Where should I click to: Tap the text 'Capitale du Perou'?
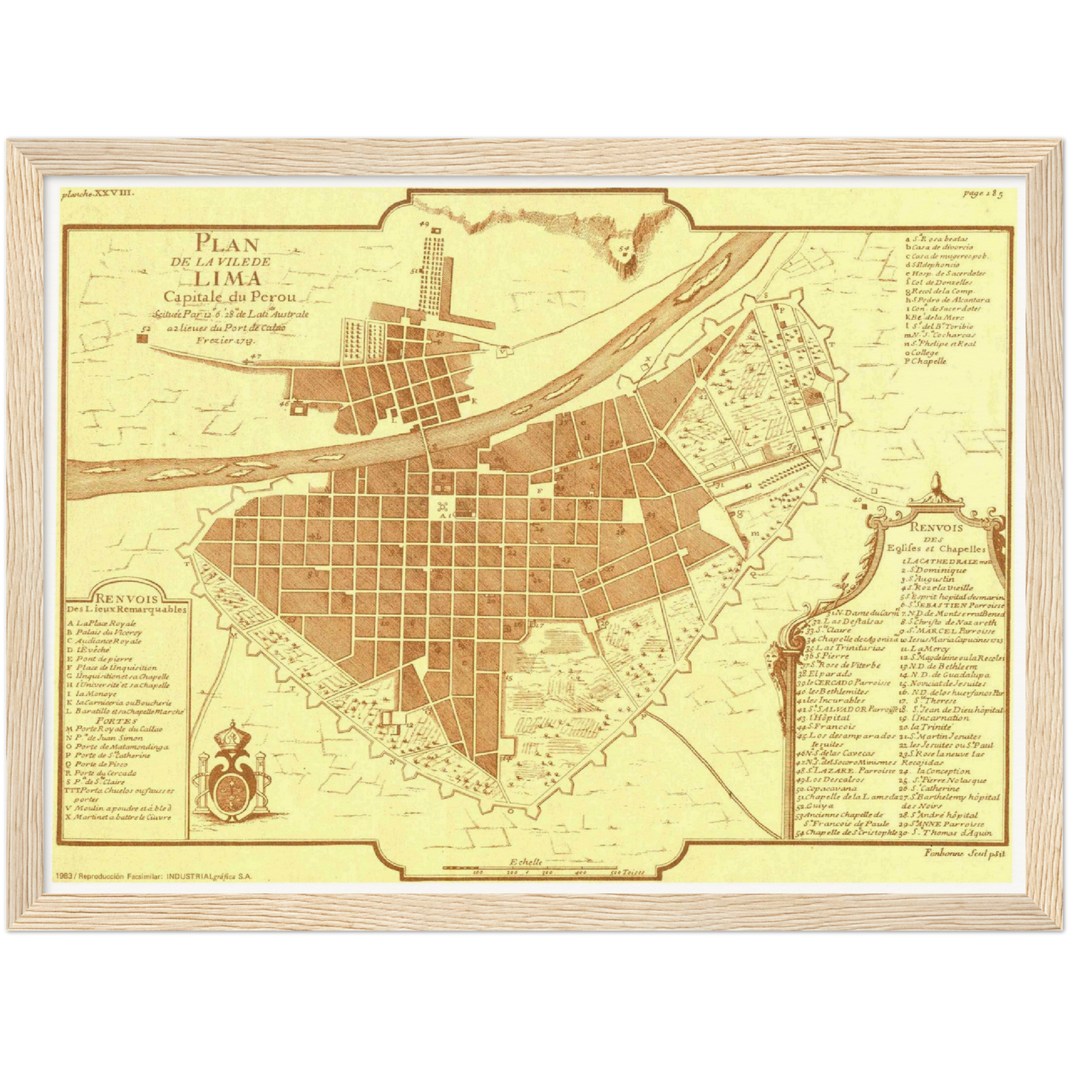230,297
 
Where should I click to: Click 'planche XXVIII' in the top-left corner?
98,193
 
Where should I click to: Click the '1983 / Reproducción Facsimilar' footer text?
153,875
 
